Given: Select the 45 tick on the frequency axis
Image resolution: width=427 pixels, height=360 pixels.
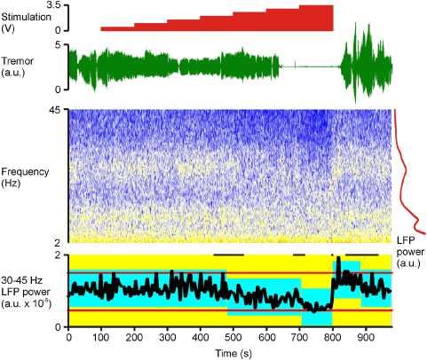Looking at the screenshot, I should [x=55, y=111].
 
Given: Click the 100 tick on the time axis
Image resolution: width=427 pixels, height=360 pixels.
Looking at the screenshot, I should [x=101, y=338].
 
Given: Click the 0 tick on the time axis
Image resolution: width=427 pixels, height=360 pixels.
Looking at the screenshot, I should [x=69, y=338].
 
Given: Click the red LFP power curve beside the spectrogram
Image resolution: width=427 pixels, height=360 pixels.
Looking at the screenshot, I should [x=401, y=177].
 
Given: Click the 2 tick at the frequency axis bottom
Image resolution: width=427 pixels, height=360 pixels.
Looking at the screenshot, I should [x=59, y=241].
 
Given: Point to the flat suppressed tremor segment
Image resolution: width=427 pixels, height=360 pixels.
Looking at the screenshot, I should [x=311, y=66].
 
